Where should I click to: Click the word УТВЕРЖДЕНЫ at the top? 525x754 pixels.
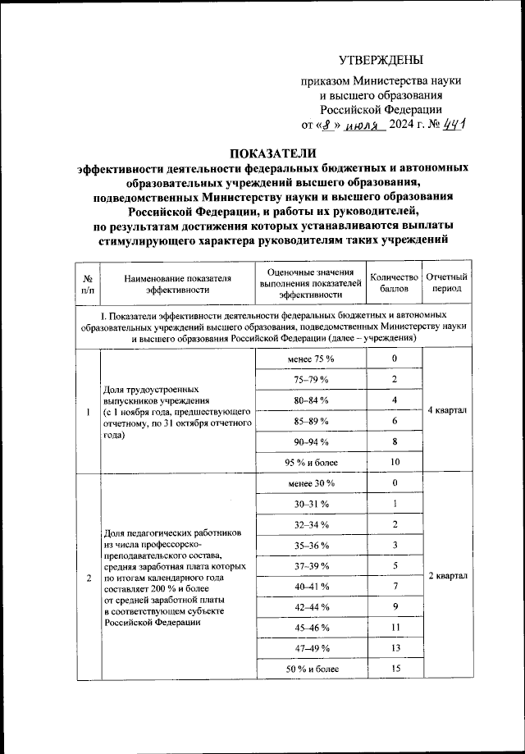(x=381, y=61)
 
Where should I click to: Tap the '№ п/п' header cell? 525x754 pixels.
(x=88, y=282)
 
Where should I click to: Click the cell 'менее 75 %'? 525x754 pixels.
(x=310, y=359)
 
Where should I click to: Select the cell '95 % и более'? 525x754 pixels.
(x=310, y=462)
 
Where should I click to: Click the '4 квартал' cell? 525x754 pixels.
(x=448, y=410)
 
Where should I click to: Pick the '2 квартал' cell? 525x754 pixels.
(x=448, y=576)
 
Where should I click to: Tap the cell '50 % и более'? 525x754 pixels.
(x=310, y=669)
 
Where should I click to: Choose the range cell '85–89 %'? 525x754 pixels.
(x=310, y=420)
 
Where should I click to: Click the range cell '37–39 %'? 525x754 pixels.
(x=310, y=565)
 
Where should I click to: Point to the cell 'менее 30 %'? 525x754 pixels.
(x=310, y=482)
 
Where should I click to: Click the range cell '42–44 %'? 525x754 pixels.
(x=310, y=607)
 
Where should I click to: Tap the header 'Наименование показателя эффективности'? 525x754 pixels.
(x=178, y=282)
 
